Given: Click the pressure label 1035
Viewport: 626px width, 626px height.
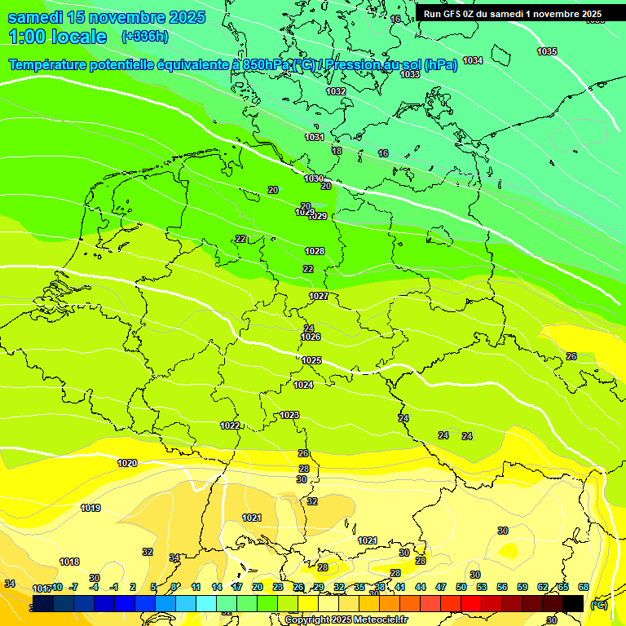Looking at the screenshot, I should coord(547,51).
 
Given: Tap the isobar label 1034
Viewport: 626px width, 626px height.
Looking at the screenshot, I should coord(473,60).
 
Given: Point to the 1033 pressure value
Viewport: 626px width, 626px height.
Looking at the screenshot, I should coord(410,74).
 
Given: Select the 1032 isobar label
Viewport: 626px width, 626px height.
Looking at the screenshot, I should coord(336,91).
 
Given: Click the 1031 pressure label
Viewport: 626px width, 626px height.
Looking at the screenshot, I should coord(315,137).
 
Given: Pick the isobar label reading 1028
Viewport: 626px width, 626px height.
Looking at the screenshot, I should coord(315,251).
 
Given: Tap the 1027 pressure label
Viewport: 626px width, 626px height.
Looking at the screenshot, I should coord(319,296).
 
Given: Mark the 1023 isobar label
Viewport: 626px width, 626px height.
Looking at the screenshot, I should coord(289,415).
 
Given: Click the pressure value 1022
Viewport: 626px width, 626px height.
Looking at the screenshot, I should coord(230,425).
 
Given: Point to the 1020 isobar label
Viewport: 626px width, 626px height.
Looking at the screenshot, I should coord(127,463).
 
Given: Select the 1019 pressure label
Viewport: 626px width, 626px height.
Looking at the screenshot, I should coord(90,508).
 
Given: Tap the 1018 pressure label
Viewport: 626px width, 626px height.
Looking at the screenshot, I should coord(69,562).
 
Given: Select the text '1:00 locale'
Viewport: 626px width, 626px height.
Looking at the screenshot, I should coord(57,37).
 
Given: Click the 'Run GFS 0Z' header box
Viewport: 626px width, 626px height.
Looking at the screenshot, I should coord(513,13).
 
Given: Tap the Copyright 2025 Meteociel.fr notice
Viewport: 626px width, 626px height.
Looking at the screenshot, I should coord(346,619).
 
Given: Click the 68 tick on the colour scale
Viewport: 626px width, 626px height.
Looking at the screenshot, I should coord(584,587).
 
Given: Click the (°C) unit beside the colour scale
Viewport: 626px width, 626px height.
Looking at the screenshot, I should coord(599,604).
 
